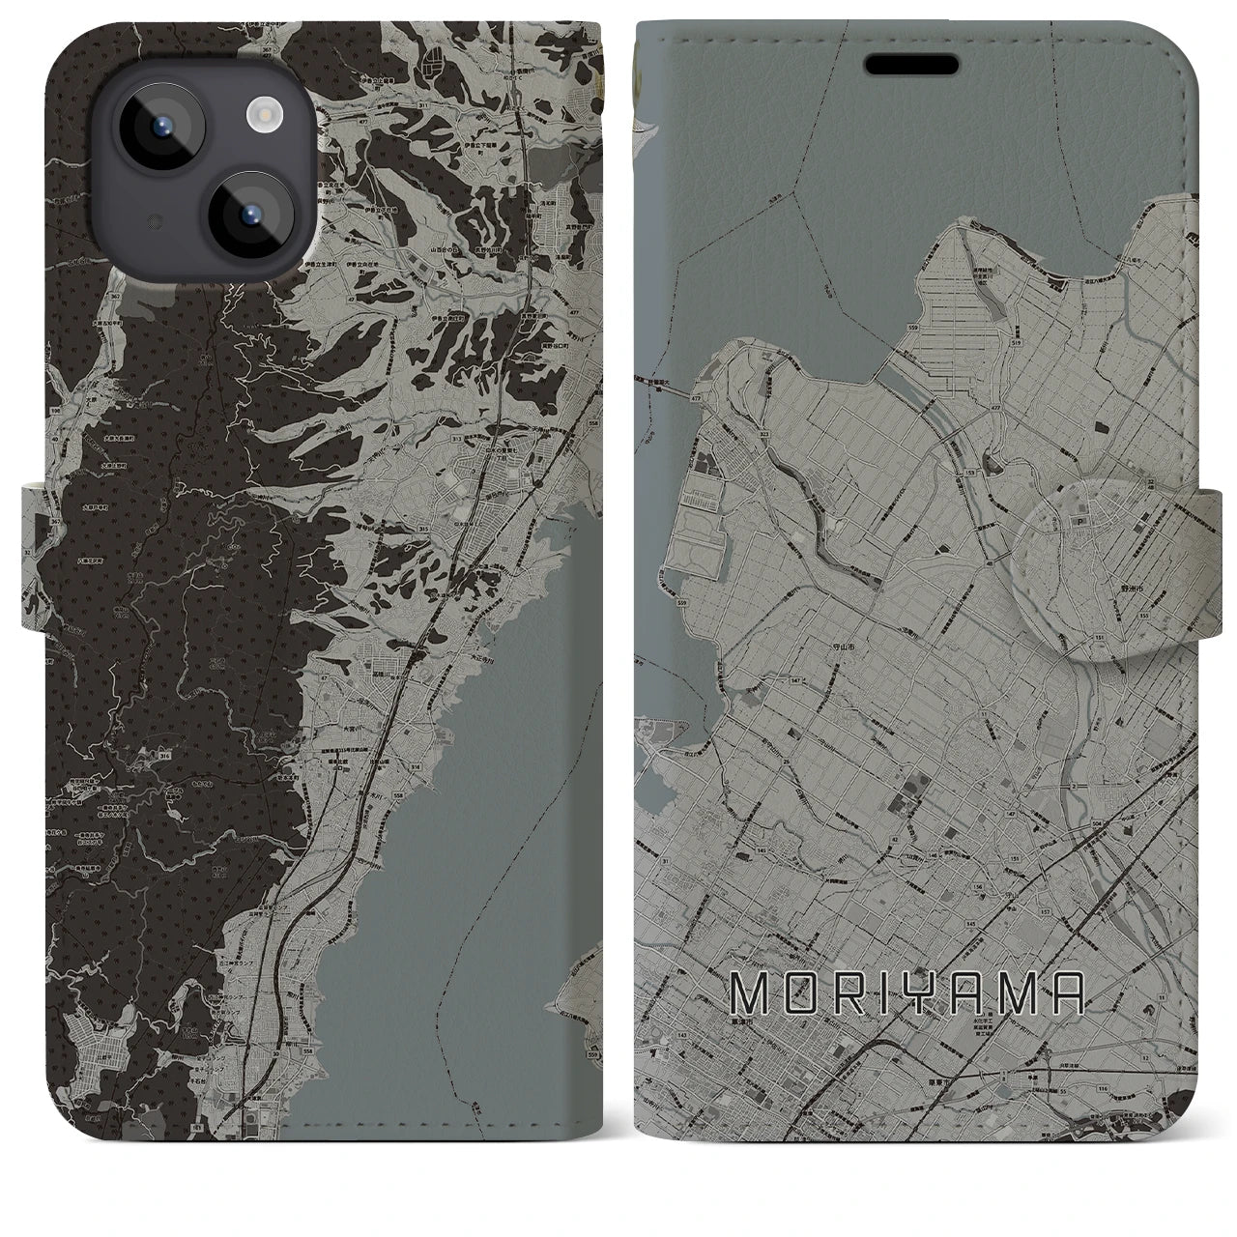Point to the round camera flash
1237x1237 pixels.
coord(262,117)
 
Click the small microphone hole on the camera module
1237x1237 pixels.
coord(152,223)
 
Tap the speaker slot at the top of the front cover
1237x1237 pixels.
coord(912,65)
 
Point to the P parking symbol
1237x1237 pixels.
coord(1073,520)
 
